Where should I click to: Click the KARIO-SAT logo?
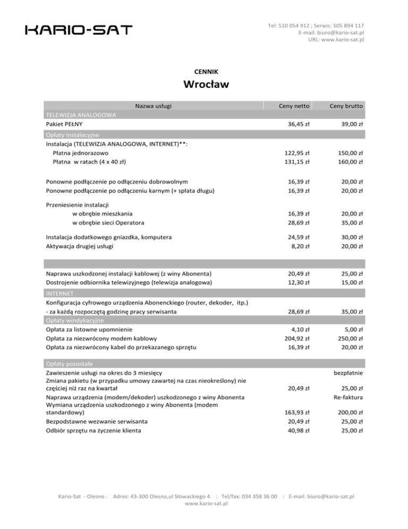(79, 30)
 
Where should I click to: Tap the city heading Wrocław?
(204, 85)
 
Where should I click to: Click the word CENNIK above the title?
(203, 71)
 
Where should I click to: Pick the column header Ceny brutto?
(346, 106)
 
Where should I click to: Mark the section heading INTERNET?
(59, 293)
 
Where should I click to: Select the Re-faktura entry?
(348, 397)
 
